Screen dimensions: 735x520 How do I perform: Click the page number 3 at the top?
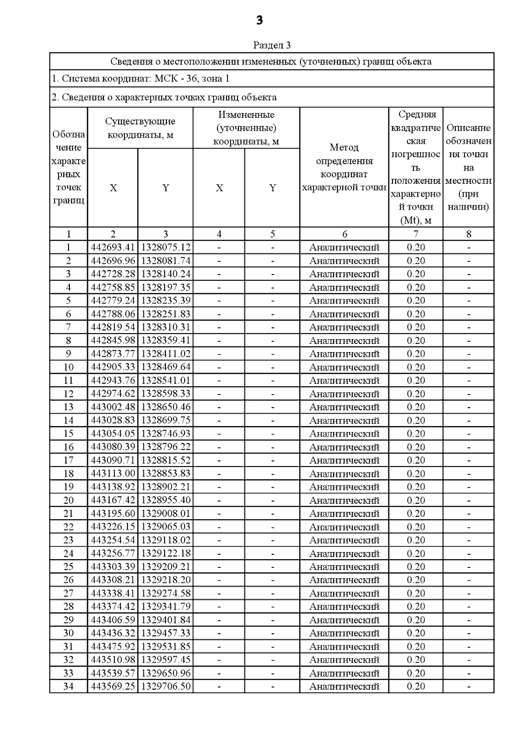click(259, 20)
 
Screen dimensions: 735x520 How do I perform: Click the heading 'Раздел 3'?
click(272, 45)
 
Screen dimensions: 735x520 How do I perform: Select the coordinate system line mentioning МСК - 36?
click(140, 78)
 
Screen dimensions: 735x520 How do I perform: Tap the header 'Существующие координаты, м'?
click(140, 128)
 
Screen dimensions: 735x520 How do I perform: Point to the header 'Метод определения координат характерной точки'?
click(344, 167)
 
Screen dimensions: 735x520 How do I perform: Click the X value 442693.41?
click(113, 247)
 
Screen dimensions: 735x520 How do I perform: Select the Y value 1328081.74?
click(166, 261)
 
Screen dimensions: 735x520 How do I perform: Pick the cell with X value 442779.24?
click(113, 301)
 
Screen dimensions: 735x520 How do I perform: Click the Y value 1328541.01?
click(166, 380)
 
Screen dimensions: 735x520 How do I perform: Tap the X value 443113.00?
click(113, 473)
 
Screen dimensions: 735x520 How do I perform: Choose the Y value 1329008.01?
click(166, 513)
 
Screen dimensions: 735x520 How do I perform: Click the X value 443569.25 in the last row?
click(113, 686)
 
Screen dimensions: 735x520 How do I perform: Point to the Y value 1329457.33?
click(166, 633)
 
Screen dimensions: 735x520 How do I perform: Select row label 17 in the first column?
click(68, 460)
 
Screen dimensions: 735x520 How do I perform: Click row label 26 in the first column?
click(68, 580)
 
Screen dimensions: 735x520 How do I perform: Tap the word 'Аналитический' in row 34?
click(344, 686)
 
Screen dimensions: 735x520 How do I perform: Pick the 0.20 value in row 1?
click(416, 247)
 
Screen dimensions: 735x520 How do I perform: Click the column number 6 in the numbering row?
click(344, 234)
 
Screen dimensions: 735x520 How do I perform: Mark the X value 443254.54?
click(113, 540)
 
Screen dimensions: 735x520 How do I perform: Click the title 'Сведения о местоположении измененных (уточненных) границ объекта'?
click(271, 62)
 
